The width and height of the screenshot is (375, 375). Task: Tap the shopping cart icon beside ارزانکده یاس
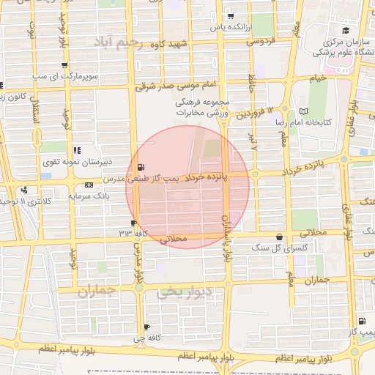(x=231, y=16)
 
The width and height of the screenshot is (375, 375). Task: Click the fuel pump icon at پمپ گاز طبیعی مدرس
(x=141, y=167)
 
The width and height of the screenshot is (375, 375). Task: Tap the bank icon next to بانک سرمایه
(x=89, y=185)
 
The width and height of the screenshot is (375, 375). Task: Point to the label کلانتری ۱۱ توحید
(x=29, y=200)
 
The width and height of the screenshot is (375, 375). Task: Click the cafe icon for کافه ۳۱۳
(x=133, y=223)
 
